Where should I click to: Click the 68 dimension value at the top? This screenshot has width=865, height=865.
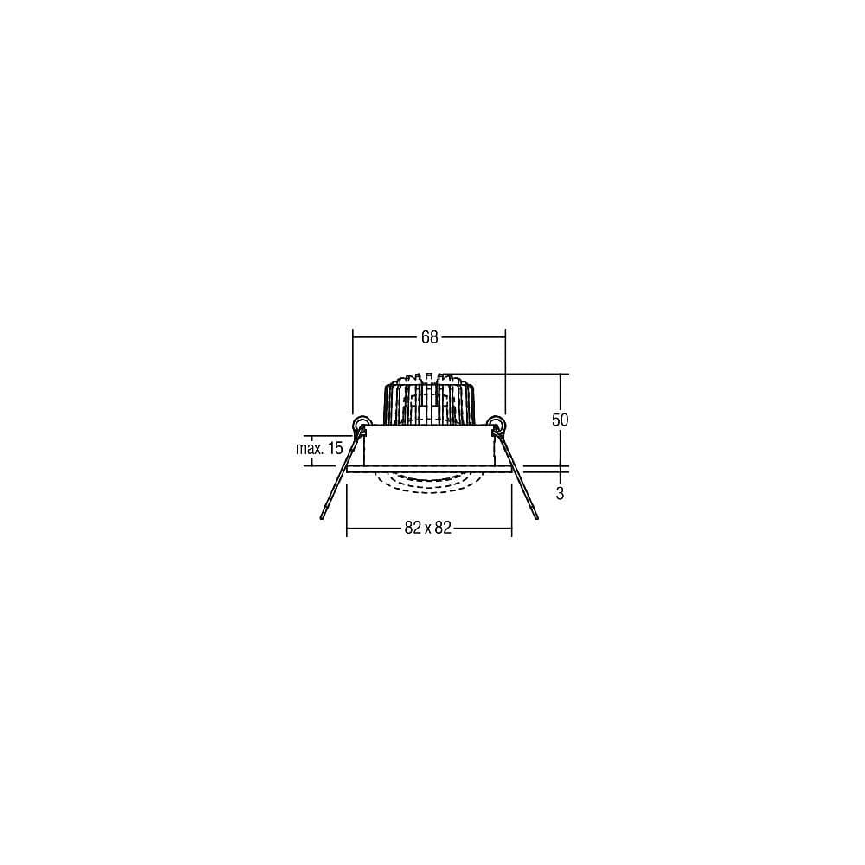[429, 336]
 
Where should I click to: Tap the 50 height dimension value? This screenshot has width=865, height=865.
[560, 420]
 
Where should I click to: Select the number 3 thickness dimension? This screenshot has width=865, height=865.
[560, 493]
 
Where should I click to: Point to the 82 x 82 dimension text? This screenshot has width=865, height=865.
[428, 528]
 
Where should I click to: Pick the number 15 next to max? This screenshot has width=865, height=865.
[336, 448]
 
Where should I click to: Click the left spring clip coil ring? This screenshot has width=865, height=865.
[361, 424]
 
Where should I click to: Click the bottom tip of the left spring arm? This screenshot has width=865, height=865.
[322, 518]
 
